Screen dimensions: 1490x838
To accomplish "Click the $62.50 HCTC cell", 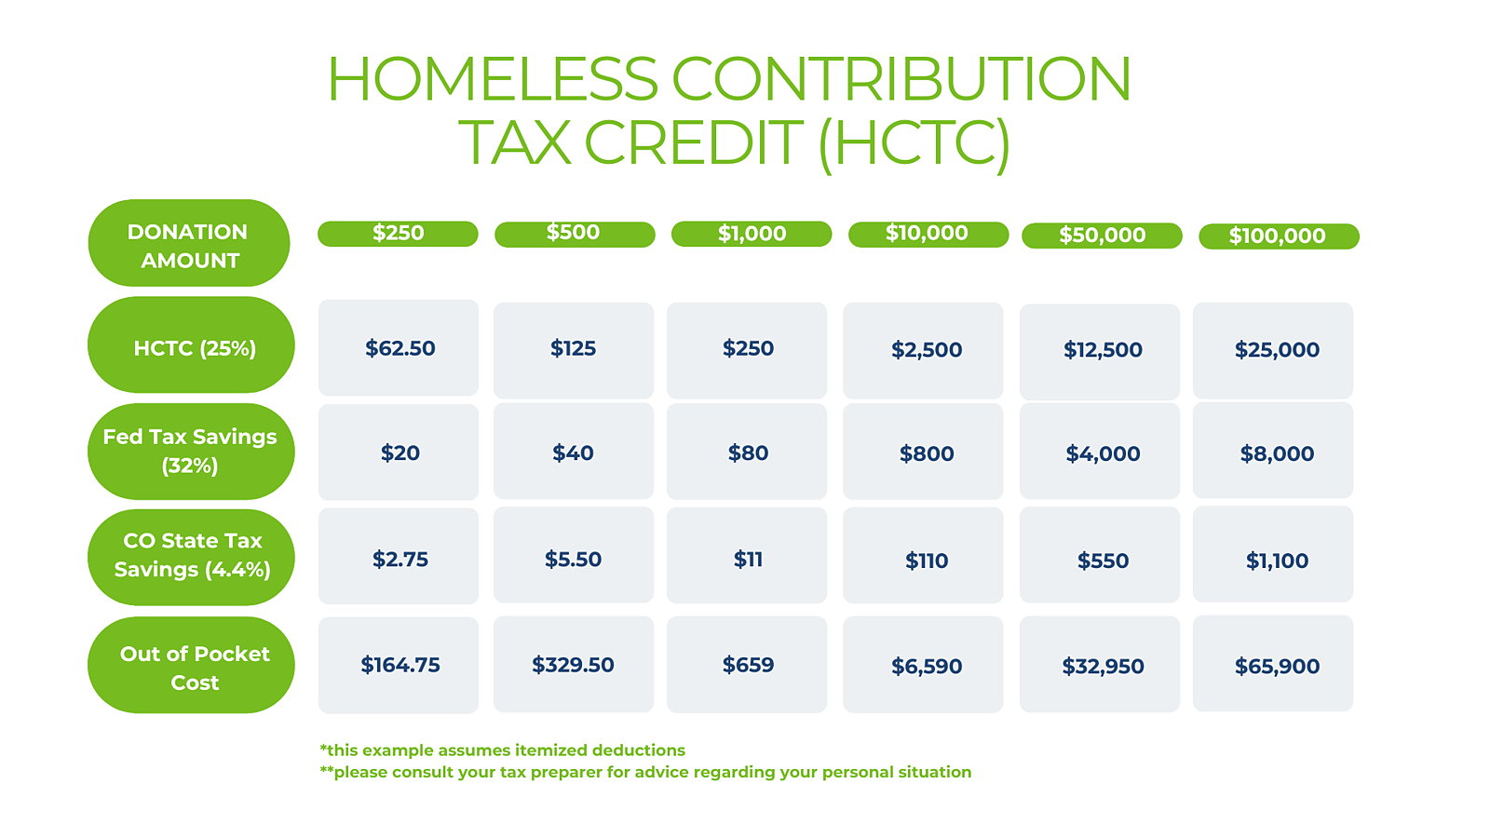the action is pos(398,348).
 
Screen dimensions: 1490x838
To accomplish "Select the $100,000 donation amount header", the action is pos(1279,237).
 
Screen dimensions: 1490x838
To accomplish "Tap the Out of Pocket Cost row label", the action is pos(191,665).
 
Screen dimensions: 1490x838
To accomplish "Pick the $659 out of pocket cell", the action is pos(747,665).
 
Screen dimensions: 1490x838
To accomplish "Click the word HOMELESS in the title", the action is pos(493,79).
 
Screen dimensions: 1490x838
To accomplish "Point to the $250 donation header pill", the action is pos(398,234).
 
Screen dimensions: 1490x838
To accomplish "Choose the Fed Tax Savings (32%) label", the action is pos(191,452).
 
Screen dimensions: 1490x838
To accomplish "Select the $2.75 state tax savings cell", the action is pos(398,556).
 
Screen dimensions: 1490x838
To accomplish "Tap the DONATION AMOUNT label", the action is pos(189,243).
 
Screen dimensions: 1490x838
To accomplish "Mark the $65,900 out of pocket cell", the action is pos(1273,664).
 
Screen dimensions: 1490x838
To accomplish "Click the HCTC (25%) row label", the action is pos(191,345).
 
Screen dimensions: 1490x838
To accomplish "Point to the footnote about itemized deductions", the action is pos(502,750).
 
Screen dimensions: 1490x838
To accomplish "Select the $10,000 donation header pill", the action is pos(928,234).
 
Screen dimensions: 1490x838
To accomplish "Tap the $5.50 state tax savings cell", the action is pos(574,555).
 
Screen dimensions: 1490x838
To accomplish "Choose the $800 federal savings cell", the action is pos(923,452).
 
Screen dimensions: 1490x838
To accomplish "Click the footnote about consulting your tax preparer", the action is pos(645,772).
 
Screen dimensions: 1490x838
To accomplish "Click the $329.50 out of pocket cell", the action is pos(574,665).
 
